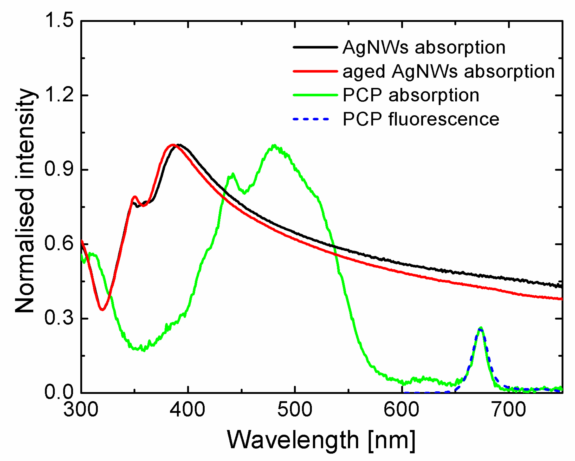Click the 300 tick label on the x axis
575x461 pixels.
point(81,410)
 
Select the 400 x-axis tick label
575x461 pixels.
point(188,410)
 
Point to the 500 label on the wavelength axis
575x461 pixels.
point(295,410)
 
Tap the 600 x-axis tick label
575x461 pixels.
point(402,410)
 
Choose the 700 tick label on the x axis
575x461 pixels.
point(509,410)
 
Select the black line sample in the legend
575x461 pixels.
point(315,47)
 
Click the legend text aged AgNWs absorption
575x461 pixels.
point(449,72)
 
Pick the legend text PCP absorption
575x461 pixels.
point(411,95)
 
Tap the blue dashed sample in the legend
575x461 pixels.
point(311,119)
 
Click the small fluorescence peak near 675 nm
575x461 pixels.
point(480,329)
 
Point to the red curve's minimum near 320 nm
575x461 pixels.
point(102,310)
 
